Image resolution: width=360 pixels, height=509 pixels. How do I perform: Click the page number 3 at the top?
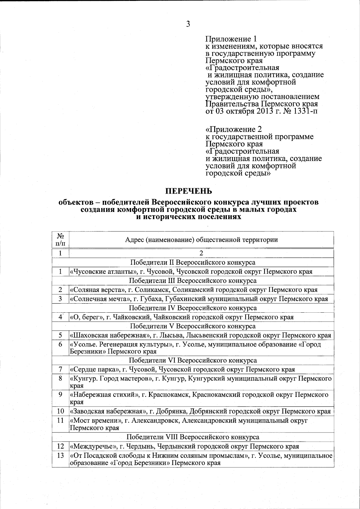[188, 24]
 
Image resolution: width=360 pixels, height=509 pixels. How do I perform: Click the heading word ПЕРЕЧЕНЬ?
[189, 191]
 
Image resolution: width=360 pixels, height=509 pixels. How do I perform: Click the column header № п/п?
[60, 239]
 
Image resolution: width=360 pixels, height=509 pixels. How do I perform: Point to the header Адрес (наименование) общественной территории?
[201, 240]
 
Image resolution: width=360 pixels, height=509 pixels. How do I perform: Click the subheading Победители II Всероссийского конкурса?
[193, 263]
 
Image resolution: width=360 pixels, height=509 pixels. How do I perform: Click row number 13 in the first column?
[60, 456]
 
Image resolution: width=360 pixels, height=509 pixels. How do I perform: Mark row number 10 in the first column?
[60, 412]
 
